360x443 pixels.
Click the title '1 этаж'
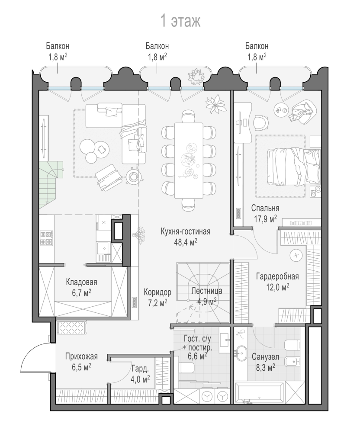pos(180,21)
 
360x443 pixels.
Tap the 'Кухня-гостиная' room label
pos(185,231)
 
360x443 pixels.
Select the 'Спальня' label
pos(265,208)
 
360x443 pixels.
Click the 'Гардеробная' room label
pos(277,276)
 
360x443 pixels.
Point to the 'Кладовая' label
pos(81,282)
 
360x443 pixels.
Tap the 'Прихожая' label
pos(81,356)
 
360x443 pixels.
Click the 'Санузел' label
pos(265,357)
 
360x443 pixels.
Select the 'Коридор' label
pos(157,291)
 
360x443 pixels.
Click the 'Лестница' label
pos(206,291)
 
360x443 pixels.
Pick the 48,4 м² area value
pos(185,242)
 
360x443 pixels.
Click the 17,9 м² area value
pos(265,219)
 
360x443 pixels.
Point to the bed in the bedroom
pos(294,167)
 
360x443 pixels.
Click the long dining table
pos(189,161)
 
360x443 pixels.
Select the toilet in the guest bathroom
pos(186,368)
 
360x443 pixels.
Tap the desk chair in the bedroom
pos(260,122)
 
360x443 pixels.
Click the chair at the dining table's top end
pos(189,116)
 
